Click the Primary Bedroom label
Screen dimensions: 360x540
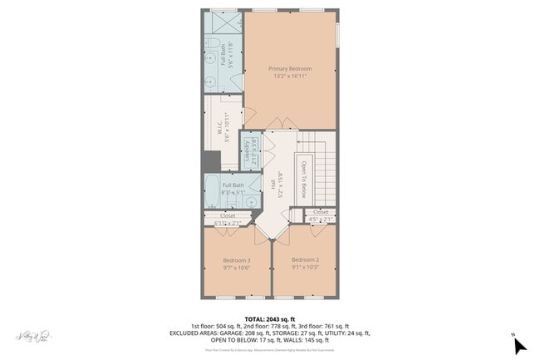coord(290,68)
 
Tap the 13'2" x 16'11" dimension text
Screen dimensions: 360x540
coord(290,76)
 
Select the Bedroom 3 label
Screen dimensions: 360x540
coord(237,260)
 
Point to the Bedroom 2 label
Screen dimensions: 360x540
coord(306,260)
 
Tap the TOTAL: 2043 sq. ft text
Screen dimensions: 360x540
coord(269,318)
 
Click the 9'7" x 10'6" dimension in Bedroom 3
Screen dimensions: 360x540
coord(237,268)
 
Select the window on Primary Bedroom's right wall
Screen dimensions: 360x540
coord(338,34)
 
